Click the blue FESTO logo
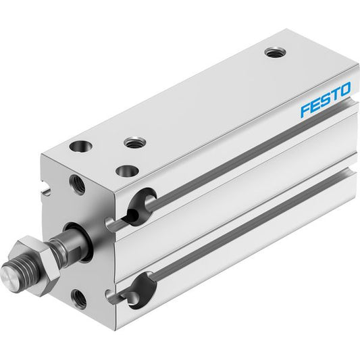326,99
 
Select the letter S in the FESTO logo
326,100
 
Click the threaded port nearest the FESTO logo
275,53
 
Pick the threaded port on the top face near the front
135,143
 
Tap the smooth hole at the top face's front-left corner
80,147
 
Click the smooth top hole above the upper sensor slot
128,171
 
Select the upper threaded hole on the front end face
78,184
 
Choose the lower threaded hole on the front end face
79,299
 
